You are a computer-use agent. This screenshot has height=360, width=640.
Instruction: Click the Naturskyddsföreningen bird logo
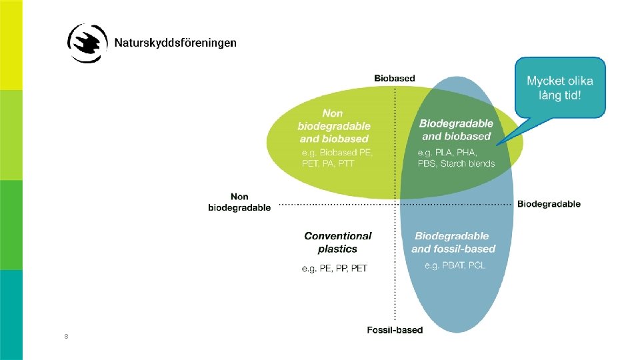point(87,43)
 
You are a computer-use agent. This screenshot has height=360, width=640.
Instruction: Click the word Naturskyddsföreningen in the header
point(175,43)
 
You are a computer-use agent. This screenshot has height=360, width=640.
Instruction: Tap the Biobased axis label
point(395,78)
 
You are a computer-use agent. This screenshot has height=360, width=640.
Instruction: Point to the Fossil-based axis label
point(395,330)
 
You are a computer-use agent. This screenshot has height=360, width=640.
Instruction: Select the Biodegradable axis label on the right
point(549,204)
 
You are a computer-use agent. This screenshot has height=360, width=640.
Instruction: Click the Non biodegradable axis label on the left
point(239,202)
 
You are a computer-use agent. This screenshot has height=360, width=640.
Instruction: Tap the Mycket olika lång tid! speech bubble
point(559,87)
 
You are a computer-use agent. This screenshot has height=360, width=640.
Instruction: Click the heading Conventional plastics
point(338,242)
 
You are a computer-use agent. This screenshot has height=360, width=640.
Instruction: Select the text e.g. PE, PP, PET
point(334,269)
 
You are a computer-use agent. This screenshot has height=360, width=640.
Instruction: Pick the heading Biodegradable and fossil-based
point(453,242)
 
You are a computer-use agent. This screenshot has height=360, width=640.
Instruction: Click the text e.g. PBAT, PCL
point(455,265)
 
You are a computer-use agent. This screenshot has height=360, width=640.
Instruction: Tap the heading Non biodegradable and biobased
point(334,126)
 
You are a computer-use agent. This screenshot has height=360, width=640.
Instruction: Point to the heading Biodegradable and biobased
point(456,129)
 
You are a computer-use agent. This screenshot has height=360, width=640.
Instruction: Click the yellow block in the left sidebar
point(11,45)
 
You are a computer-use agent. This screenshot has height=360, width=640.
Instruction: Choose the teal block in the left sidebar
point(11,315)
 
